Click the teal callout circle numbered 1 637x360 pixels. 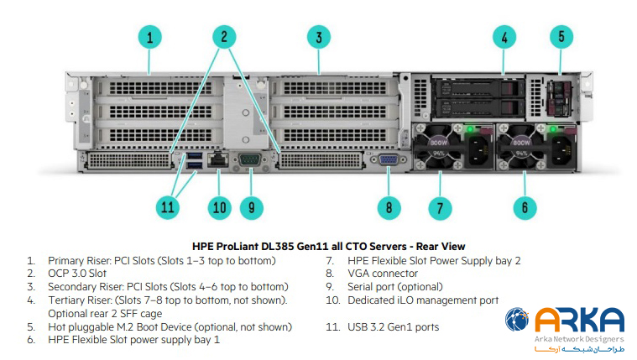point(149,38)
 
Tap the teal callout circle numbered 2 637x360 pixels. point(224,36)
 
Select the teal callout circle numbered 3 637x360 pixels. point(318,37)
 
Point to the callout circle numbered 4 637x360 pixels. point(504,38)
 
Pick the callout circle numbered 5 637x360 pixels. point(561,37)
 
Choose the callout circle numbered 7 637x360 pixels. point(441,206)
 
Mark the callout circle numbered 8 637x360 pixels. point(389,206)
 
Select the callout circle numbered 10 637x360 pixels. point(219,206)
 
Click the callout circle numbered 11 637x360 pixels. point(170,206)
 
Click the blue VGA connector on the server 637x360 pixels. point(389,161)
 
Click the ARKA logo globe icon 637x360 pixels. point(517,321)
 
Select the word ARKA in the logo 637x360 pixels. point(579,321)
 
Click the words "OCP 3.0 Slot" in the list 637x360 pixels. point(77,273)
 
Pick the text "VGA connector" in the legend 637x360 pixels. point(383,273)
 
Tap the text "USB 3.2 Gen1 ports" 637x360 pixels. point(393,326)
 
